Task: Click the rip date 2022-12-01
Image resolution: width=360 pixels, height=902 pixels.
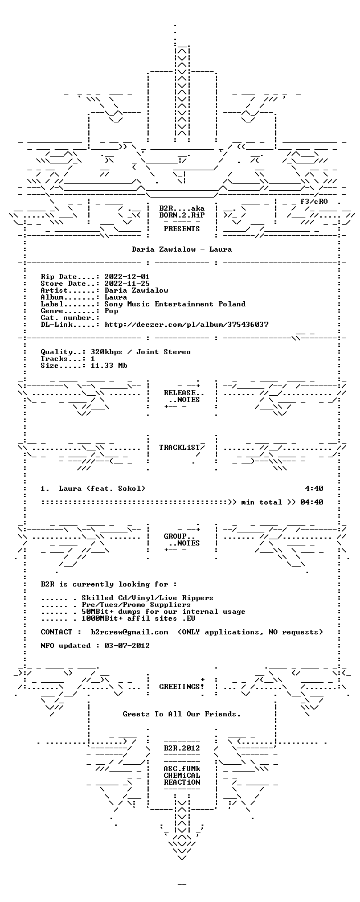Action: pos(127,277)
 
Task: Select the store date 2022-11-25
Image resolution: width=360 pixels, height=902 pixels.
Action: pos(127,284)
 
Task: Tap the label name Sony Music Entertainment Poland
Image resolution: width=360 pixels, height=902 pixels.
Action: pos(175,304)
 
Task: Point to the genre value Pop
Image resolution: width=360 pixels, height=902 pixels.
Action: pos(111,311)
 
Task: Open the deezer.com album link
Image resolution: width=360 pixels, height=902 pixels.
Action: pos(186,325)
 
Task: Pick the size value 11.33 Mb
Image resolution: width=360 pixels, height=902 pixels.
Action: pos(109,366)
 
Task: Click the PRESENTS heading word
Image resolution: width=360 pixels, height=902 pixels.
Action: pos(182,229)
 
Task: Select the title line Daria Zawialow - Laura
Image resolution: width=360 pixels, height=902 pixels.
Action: pos(182,249)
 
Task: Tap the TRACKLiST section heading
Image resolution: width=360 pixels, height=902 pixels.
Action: pos(179,448)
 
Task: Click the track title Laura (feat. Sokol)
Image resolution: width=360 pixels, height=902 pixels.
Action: pos(103,489)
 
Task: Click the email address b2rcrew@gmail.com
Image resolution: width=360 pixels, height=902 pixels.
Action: pos(130,632)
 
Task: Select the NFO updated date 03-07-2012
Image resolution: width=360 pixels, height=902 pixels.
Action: pos(127,646)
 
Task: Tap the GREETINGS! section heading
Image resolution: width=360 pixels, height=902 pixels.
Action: pos(182,687)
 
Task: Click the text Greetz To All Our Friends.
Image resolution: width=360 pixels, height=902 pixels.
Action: pos(182,714)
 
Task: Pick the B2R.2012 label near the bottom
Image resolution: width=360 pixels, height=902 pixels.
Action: pos(182,748)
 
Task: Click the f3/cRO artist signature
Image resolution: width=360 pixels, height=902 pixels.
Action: pos(314,202)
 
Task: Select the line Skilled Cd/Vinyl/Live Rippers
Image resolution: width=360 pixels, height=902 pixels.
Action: pos(148,598)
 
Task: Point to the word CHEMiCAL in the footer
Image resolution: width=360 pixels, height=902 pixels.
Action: pos(182,775)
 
